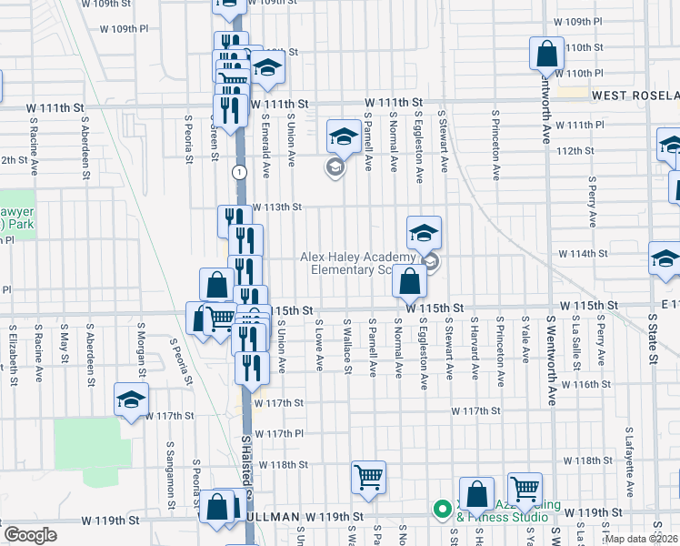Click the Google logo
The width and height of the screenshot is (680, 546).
(x=30, y=535)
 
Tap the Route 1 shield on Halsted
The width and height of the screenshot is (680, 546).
(x=239, y=172)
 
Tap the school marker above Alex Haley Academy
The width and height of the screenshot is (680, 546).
(x=424, y=234)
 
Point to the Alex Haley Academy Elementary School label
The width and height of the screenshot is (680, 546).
(x=364, y=263)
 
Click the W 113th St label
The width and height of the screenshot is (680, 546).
(x=276, y=207)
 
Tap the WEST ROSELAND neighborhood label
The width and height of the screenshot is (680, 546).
(x=635, y=95)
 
